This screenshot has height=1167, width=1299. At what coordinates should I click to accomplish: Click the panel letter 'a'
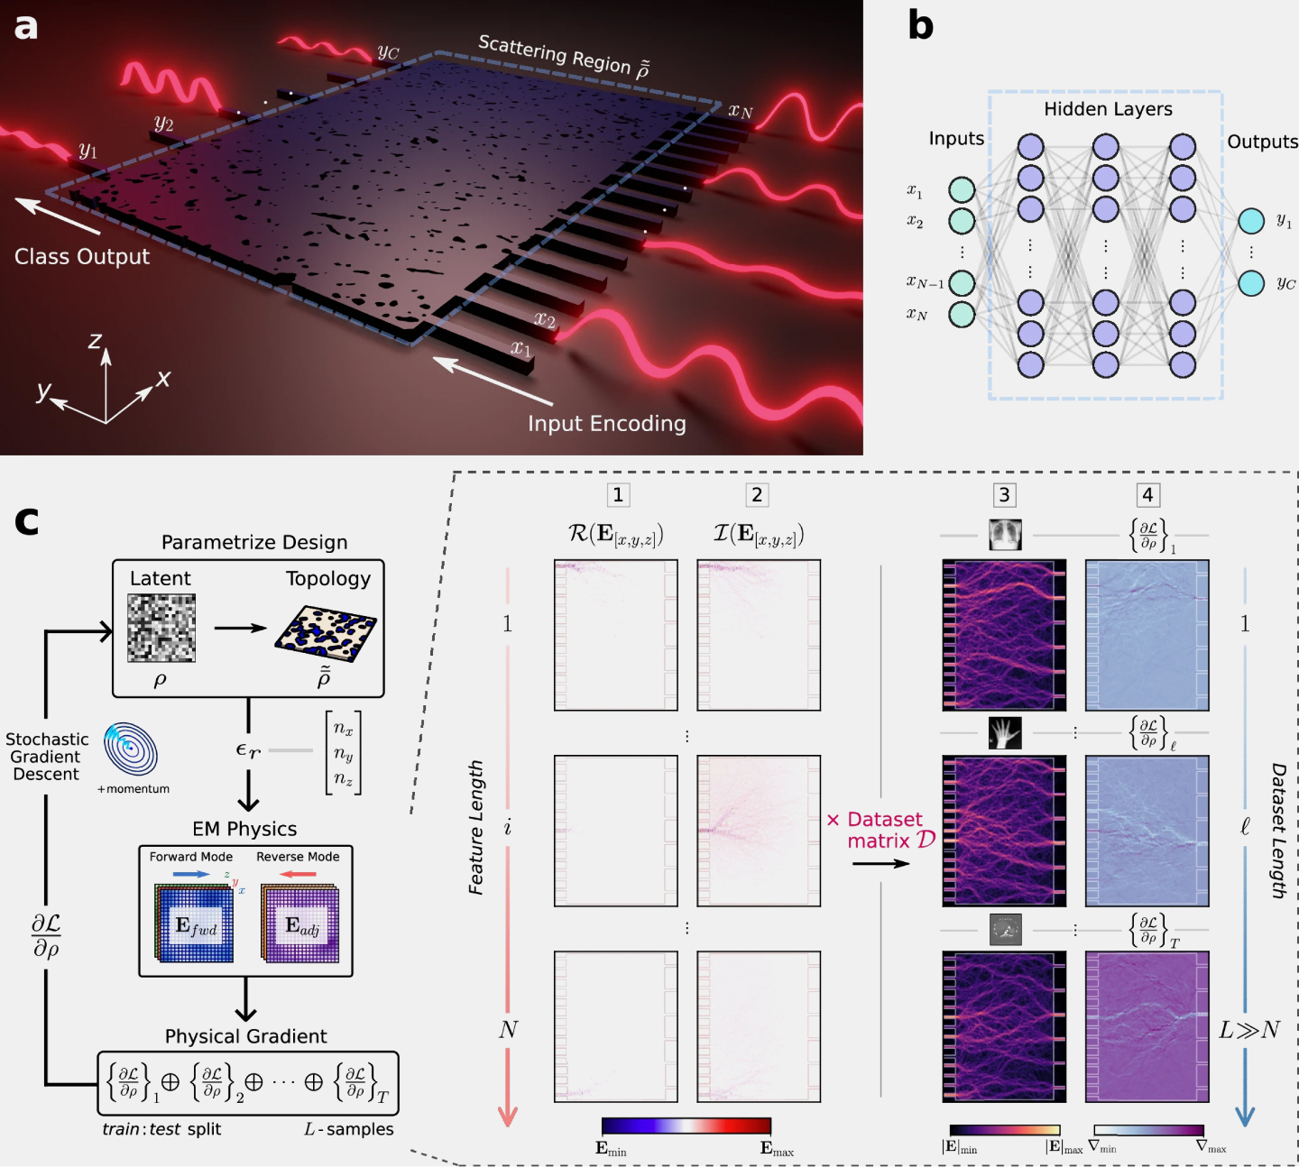click(25, 27)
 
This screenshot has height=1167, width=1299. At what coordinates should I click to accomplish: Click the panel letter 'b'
click(920, 25)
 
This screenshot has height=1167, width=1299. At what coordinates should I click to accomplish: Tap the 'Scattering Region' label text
click(554, 55)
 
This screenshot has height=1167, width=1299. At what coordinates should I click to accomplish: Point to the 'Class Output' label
click(82, 257)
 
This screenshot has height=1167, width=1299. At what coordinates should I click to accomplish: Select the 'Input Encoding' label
click(606, 424)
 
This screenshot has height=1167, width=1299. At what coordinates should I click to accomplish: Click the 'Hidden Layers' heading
click(1108, 109)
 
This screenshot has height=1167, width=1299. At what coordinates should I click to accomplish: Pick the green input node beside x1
click(962, 189)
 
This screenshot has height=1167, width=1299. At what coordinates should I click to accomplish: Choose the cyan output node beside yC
click(1251, 283)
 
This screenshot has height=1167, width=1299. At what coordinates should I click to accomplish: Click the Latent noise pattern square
click(161, 628)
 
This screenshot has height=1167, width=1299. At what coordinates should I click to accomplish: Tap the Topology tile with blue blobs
click(326, 629)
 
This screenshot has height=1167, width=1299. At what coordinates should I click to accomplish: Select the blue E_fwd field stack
click(195, 923)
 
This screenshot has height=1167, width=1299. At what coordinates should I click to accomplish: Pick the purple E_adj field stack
click(300, 923)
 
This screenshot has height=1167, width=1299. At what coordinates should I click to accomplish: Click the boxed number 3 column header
click(1004, 495)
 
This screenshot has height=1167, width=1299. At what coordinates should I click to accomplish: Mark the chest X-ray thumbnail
click(1005, 535)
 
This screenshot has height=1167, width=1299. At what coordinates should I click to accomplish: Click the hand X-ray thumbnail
click(1005, 732)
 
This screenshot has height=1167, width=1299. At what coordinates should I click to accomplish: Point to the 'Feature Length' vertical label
click(476, 827)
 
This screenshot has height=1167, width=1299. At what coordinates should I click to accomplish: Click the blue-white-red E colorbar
click(686, 1126)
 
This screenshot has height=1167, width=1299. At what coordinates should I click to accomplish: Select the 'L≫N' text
click(1248, 1030)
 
